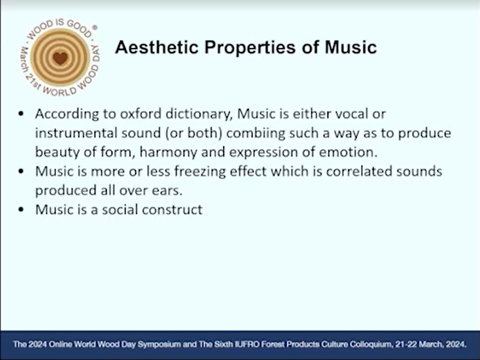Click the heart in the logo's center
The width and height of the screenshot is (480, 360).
click(x=60, y=58)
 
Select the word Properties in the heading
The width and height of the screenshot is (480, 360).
click(x=250, y=48)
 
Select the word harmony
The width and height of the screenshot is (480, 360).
click(x=168, y=152)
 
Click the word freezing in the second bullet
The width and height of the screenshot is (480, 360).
click(x=200, y=172)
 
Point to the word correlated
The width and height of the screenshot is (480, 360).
click(x=359, y=172)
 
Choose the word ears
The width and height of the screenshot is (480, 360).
click(x=167, y=191)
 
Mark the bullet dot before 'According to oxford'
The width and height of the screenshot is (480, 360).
click(x=21, y=114)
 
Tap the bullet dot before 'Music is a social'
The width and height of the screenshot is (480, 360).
click(x=21, y=210)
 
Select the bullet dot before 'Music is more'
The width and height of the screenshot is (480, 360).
click(x=21, y=171)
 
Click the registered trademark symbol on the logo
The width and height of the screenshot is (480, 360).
click(x=95, y=28)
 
